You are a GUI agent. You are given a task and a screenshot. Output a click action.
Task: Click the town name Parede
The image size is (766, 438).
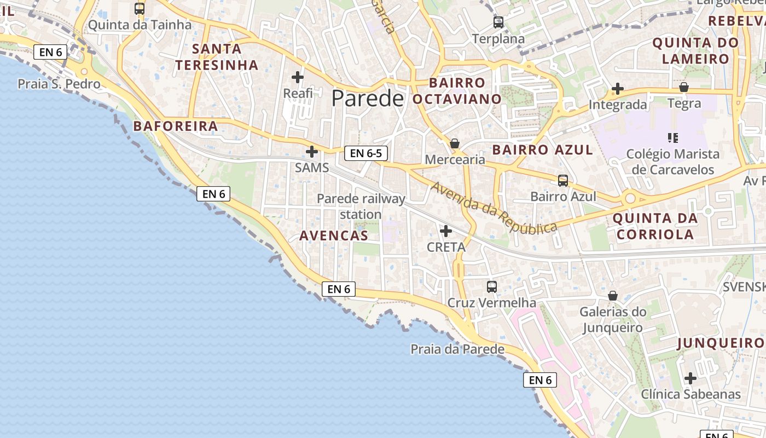tap(367, 99)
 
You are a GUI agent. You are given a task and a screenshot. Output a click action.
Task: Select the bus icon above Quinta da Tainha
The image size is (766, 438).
tap(140, 8)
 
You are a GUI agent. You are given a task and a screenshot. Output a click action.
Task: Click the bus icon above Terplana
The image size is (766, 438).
tap(498, 22)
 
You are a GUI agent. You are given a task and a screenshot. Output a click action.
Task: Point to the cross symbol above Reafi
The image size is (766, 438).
tap(298, 77)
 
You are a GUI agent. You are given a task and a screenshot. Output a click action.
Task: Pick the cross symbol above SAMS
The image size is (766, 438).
tap(312, 152)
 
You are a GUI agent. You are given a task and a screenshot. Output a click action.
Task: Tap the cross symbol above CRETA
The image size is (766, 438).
tap(446, 231)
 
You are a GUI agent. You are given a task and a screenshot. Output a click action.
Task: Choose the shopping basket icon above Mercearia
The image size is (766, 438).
tap(455, 143)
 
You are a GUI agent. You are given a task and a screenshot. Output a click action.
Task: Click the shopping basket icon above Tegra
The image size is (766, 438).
tap(684, 87)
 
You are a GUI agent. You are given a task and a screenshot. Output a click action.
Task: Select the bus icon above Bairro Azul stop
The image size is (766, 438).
tap(563, 180)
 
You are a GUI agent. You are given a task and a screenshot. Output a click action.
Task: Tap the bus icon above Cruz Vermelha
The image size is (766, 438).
tap(492, 286)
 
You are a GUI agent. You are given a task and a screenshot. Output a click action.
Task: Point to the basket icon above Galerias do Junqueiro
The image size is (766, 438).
tap(613, 296)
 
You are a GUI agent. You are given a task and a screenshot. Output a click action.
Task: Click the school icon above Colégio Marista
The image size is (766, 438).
tap(673, 137)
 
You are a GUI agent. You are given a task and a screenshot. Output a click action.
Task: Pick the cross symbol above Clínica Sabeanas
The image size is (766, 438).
tap(690, 378)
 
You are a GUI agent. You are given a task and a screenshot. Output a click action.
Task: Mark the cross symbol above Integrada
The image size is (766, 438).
tap(618, 88)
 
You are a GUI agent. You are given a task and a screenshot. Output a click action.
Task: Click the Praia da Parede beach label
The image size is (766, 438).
tap(457, 349)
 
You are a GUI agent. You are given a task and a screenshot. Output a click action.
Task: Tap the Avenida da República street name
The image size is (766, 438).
tap(494, 207)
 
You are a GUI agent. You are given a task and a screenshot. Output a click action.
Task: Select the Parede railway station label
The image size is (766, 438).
tap(361, 206)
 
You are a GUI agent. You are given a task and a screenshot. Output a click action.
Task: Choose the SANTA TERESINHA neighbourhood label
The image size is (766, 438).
tap(217, 57)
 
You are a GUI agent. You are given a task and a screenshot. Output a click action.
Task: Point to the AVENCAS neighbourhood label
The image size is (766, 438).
tap(334, 236)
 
